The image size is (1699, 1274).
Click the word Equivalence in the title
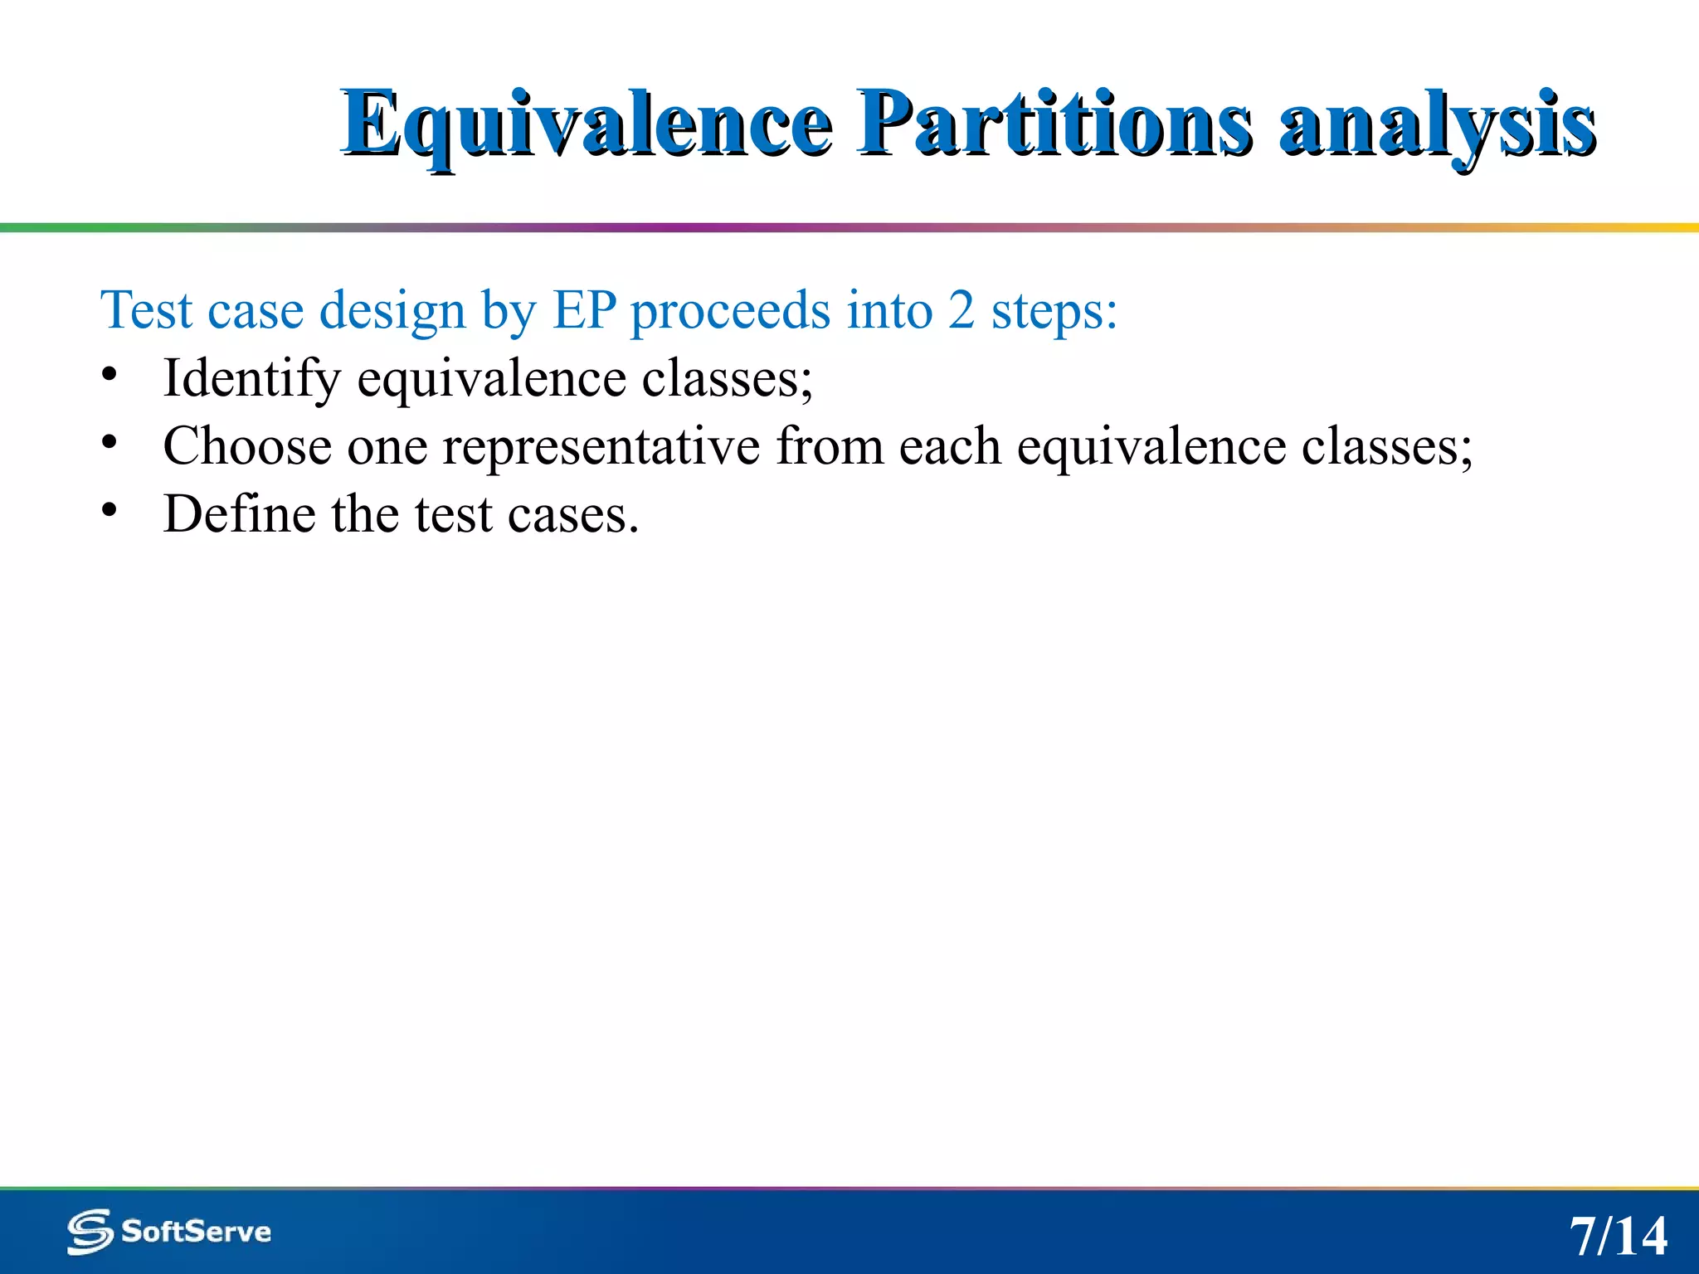(x=586, y=124)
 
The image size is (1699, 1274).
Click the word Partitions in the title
(x=1054, y=124)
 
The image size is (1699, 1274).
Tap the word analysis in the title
(x=1437, y=124)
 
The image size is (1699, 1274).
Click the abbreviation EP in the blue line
(x=584, y=310)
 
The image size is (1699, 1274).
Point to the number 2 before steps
(x=961, y=310)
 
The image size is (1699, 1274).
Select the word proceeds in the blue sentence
(x=730, y=312)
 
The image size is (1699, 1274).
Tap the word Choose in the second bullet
(x=247, y=446)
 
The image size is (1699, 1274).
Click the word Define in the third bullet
(x=239, y=514)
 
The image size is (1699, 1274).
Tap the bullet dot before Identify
(x=110, y=375)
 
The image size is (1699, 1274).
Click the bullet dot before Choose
(x=110, y=443)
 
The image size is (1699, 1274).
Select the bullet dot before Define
(x=110, y=511)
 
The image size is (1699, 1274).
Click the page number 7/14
(x=1618, y=1236)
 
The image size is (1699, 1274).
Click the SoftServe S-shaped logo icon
(x=90, y=1231)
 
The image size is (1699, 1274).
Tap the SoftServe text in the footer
(x=196, y=1231)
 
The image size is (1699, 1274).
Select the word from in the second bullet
(x=830, y=446)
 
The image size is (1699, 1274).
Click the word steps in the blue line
(x=1054, y=312)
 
